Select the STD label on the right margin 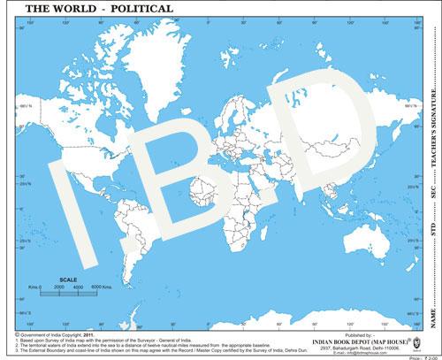432,234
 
